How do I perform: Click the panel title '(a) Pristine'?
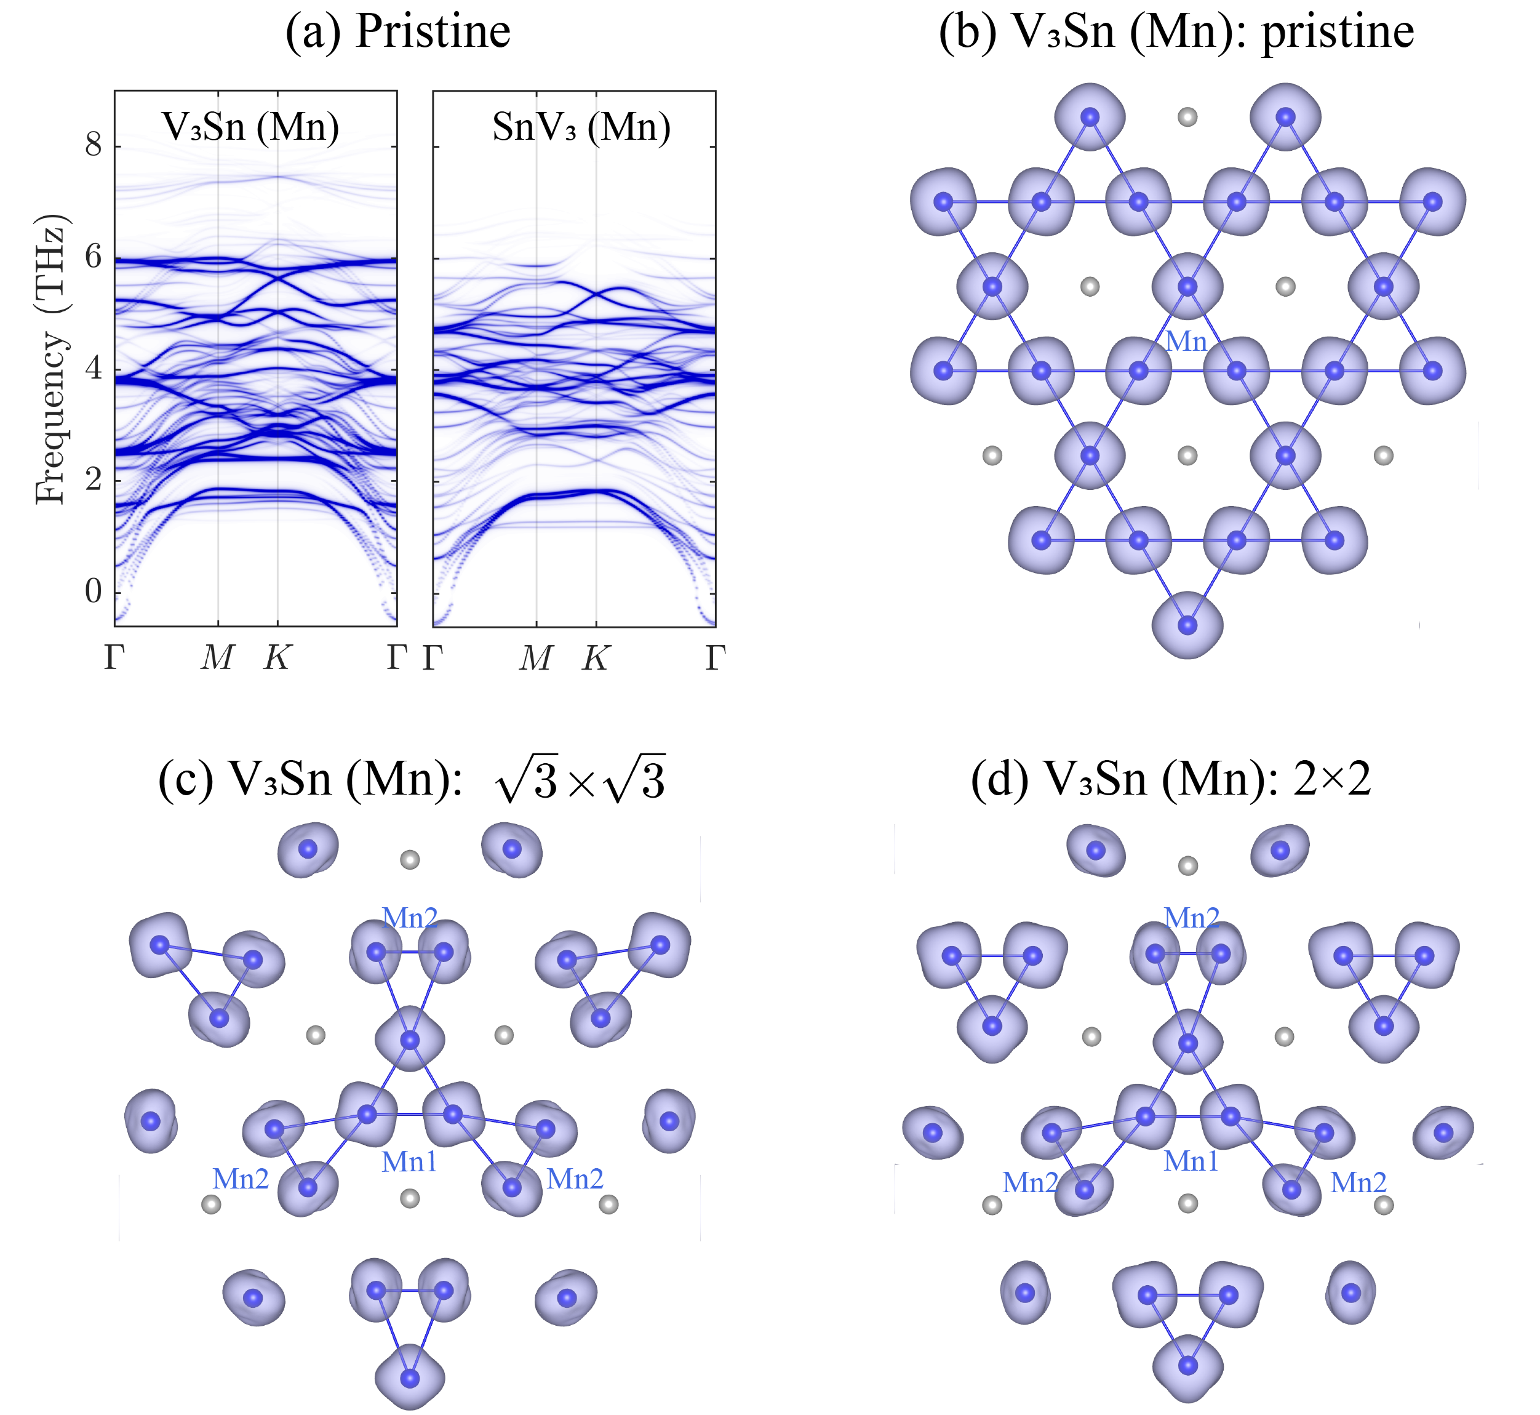click(397, 32)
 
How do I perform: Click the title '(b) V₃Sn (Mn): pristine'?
click(1176, 32)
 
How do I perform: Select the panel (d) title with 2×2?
click(1170, 779)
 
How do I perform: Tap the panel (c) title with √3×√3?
click(412, 779)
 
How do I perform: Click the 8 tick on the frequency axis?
click(94, 145)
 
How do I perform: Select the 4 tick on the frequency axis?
click(94, 368)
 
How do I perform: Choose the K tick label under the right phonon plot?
click(596, 657)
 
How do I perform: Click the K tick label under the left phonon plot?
click(277, 657)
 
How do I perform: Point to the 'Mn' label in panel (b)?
click(1186, 342)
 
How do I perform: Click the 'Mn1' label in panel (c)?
click(410, 1161)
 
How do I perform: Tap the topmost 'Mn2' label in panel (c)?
click(410, 917)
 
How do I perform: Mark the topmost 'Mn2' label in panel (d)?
click(1191, 917)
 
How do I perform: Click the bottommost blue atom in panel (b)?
click(1187, 625)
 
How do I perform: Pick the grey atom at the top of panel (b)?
click(1187, 117)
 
